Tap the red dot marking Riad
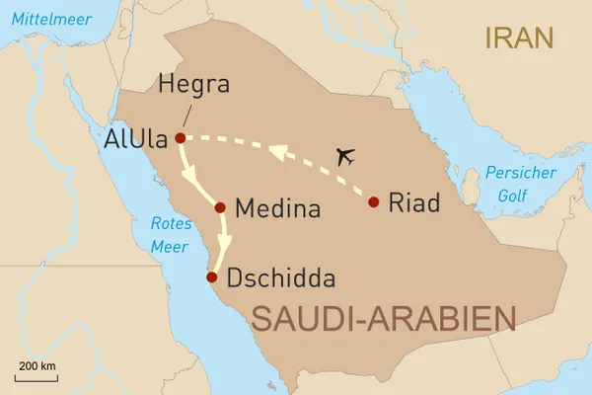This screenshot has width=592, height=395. coord(373,202)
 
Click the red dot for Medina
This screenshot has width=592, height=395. coord(220,207)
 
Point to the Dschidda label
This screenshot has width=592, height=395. coord(281,277)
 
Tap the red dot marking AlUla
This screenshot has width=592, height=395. coord(180,138)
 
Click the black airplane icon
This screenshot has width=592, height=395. coord(345,155)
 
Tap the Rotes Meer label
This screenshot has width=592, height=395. coord(170,235)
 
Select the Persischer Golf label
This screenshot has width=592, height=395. coord(520,183)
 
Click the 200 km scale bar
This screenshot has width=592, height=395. coord(36,375)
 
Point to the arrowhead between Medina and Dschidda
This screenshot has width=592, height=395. coord(226,247)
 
